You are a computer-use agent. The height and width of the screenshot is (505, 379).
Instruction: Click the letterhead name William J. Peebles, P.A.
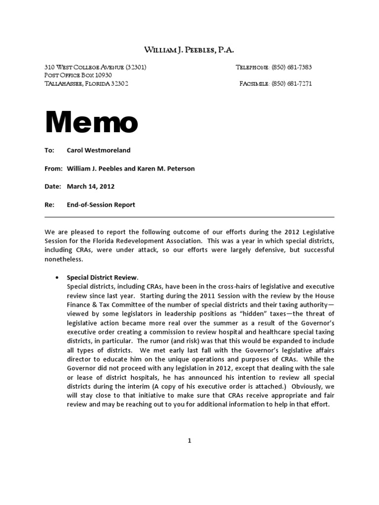(x=189, y=50)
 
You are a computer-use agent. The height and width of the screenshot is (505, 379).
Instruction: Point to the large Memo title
(x=91, y=123)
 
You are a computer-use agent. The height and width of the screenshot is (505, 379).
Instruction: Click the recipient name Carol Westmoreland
(x=99, y=150)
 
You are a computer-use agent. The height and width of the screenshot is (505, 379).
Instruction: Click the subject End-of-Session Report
(x=101, y=205)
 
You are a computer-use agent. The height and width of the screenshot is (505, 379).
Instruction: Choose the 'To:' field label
(x=49, y=150)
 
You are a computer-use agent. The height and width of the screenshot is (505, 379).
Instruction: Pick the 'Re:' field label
(x=49, y=205)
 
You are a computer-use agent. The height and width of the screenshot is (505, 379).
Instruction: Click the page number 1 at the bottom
(x=189, y=441)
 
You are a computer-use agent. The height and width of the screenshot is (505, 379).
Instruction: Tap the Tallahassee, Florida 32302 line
(x=86, y=84)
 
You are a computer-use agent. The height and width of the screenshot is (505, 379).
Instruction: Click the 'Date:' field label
(x=52, y=186)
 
